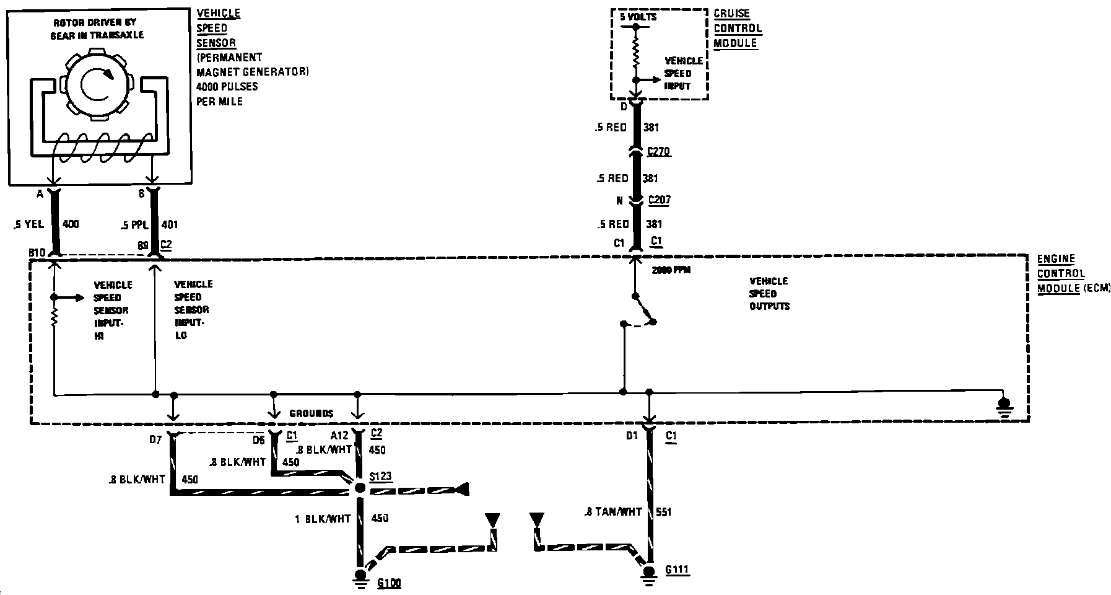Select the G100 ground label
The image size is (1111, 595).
point(389,583)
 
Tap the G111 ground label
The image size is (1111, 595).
point(677,570)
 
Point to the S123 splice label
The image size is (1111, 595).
point(380,477)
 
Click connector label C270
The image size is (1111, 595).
point(658,151)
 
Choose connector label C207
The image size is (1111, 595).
point(658,200)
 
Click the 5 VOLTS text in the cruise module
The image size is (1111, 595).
point(638,17)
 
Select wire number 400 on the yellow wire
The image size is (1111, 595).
point(71,224)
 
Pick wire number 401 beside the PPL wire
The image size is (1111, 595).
point(169,224)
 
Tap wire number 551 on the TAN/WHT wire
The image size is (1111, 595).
point(663,512)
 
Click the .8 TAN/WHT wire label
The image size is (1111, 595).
point(612,512)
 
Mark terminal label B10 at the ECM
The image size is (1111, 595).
point(37,253)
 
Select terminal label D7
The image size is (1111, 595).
point(155,439)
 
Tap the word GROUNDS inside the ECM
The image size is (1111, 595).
point(311,413)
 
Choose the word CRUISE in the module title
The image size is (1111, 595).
point(731,14)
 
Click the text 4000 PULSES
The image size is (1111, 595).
point(227,87)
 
